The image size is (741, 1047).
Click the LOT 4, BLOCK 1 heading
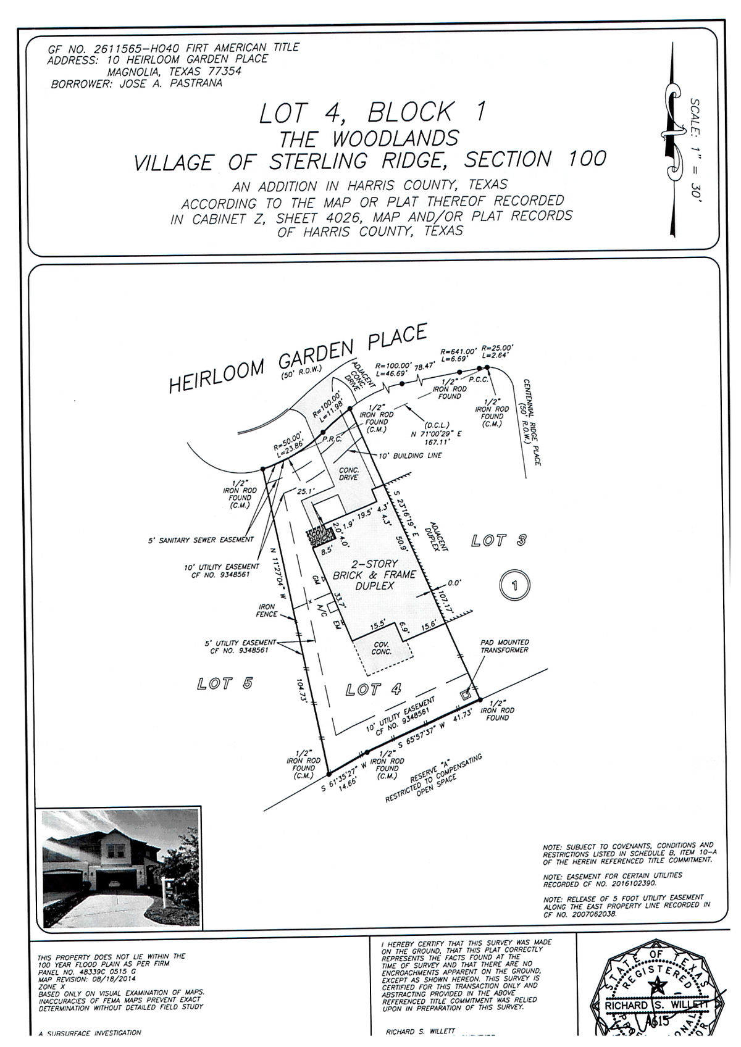click(x=372, y=113)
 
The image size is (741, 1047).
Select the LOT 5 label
click(x=225, y=683)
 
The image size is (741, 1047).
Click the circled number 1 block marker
click(x=514, y=585)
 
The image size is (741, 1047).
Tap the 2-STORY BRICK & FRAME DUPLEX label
click(x=374, y=575)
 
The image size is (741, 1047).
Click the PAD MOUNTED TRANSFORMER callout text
click(x=504, y=646)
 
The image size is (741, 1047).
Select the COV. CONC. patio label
click(x=382, y=648)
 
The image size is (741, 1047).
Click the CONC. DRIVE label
click(x=349, y=473)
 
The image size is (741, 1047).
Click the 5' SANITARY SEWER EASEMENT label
click(x=201, y=540)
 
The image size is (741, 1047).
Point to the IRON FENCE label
click(x=266, y=611)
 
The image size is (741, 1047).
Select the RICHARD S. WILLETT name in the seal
click(x=656, y=1005)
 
